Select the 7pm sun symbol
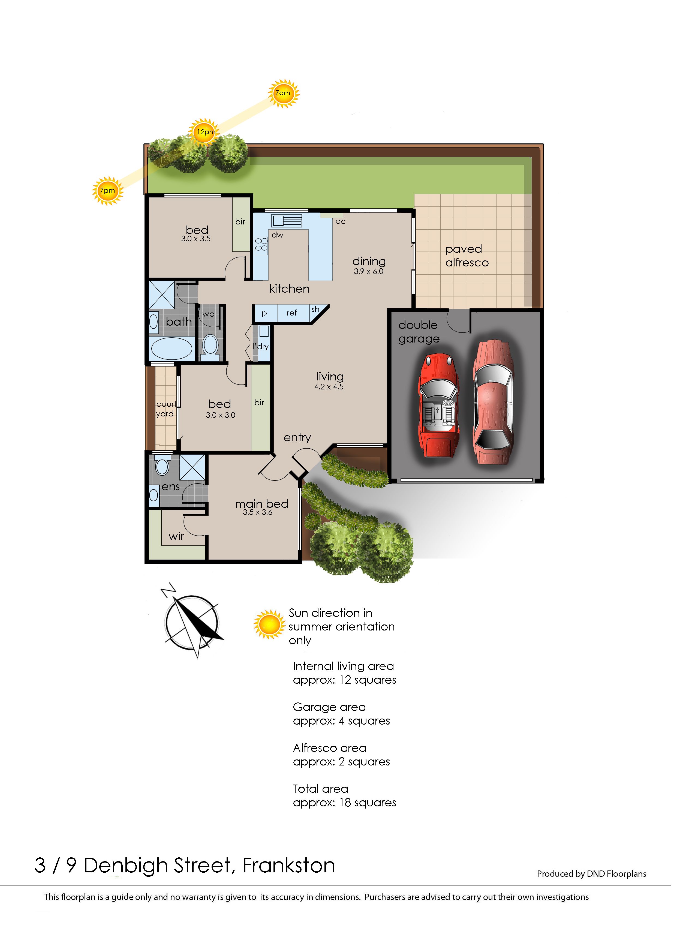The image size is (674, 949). pyautogui.click(x=107, y=191)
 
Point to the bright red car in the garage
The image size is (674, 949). pyautogui.click(x=439, y=405)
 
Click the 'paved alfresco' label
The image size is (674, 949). pyautogui.click(x=467, y=256)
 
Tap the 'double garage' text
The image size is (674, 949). pyautogui.click(x=419, y=332)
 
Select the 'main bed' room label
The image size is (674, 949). pyautogui.click(x=261, y=504)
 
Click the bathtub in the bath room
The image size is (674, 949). pyautogui.click(x=171, y=348)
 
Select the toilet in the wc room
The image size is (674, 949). pyautogui.click(x=211, y=347)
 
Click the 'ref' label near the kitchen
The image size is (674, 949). pyautogui.click(x=292, y=313)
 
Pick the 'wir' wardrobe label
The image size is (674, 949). pyautogui.click(x=176, y=536)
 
